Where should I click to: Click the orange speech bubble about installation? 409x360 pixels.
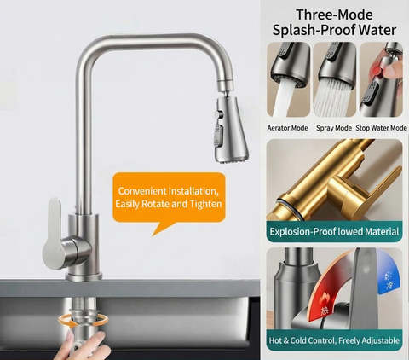[x=170, y=199]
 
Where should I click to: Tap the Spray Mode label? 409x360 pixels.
[x=333, y=127]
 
